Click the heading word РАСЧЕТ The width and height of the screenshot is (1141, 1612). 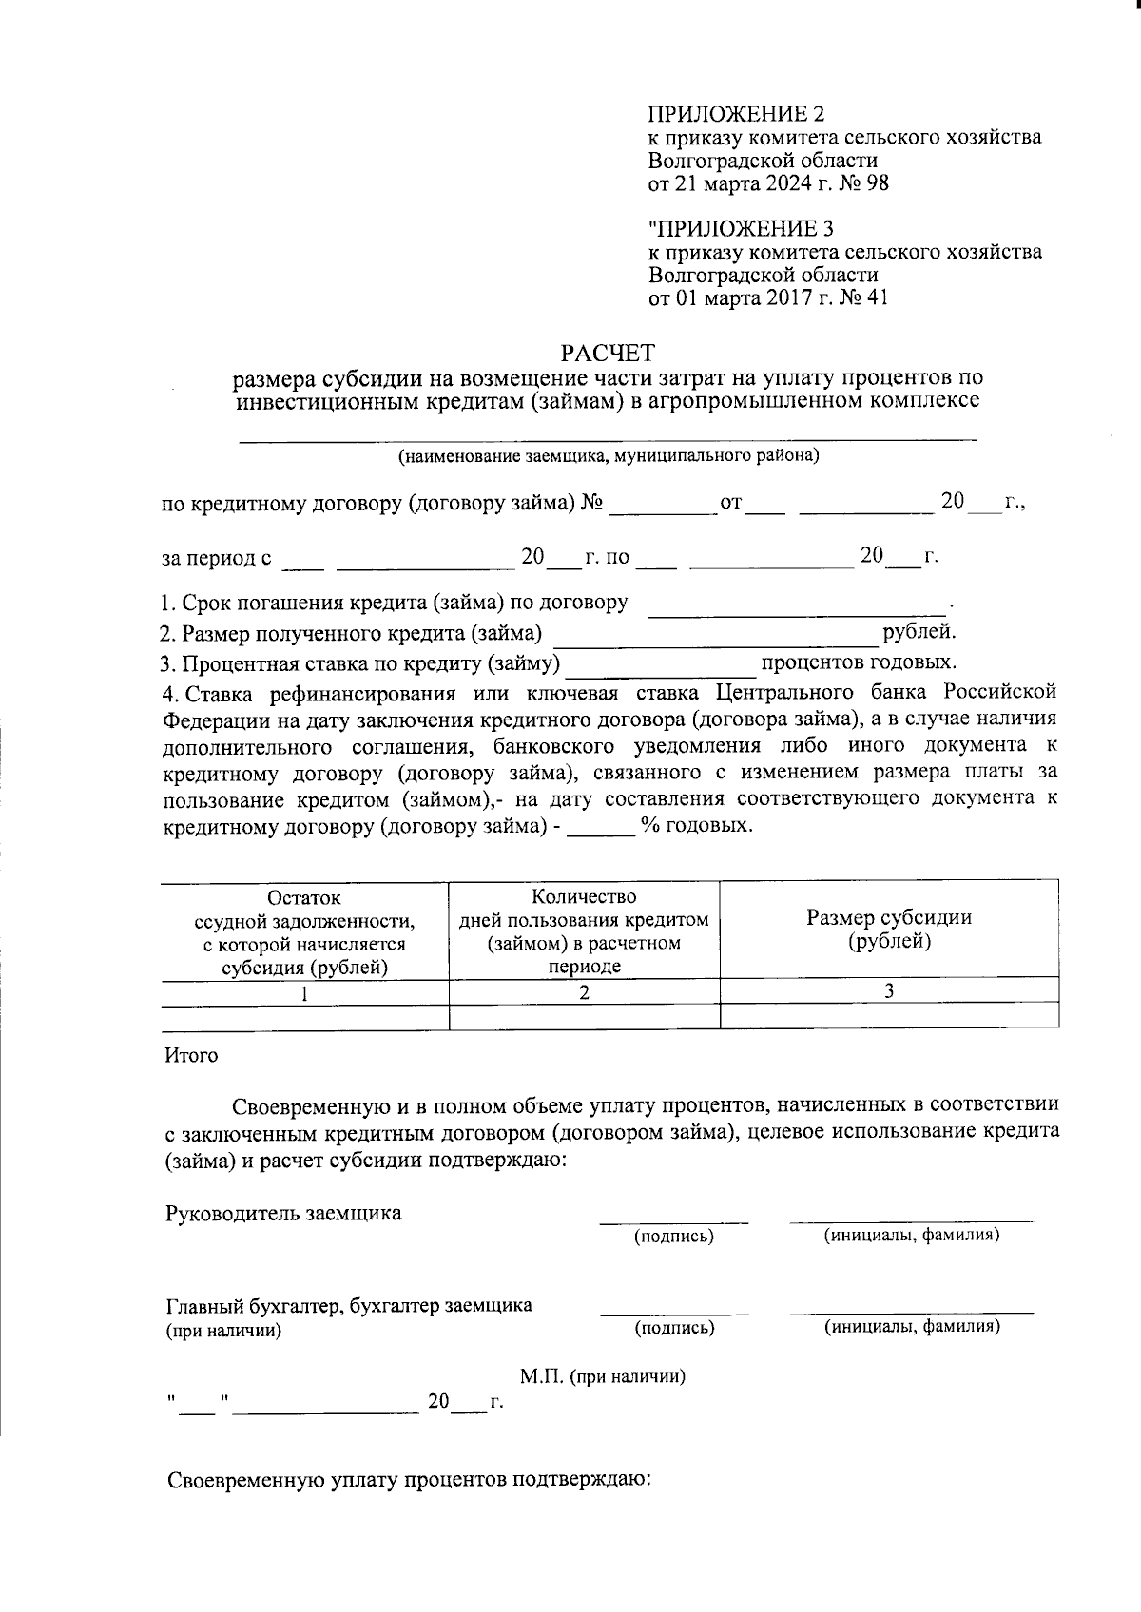point(608,354)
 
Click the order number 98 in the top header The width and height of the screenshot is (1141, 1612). point(878,183)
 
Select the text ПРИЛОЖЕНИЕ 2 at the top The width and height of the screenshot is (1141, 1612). point(736,115)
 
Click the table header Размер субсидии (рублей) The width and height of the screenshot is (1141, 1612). point(889,930)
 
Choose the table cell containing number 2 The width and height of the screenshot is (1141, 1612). point(584,992)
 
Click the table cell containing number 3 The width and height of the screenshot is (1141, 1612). point(889,990)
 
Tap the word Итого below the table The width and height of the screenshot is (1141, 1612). point(191,1056)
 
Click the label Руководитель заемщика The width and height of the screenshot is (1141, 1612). point(283,1213)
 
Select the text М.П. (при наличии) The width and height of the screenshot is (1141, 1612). point(603,1376)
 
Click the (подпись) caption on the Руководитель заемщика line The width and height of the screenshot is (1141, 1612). point(674,1236)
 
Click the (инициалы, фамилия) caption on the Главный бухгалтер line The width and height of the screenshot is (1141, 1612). point(912,1326)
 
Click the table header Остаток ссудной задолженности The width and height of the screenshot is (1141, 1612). point(304,932)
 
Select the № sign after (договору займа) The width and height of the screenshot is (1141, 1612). point(591,503)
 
